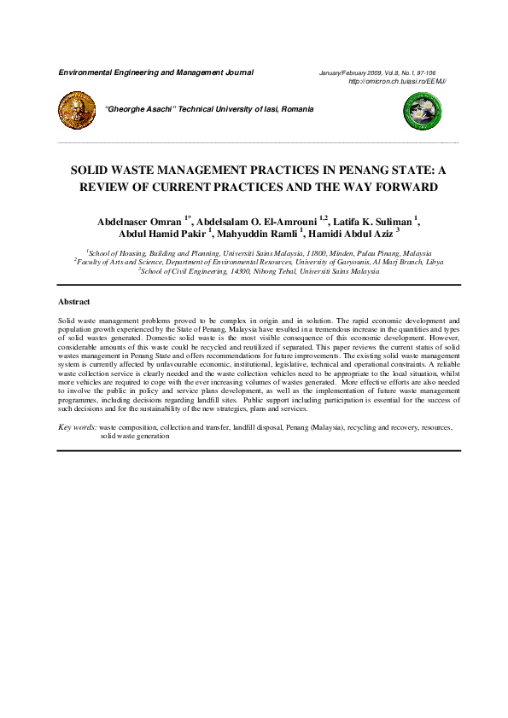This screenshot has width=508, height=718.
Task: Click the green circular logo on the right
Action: click(417, 110)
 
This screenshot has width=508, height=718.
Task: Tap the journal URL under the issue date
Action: click(399, 81)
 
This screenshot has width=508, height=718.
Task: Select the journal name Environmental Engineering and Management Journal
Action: click(155, 72)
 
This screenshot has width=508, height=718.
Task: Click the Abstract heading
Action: click(73, 302)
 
